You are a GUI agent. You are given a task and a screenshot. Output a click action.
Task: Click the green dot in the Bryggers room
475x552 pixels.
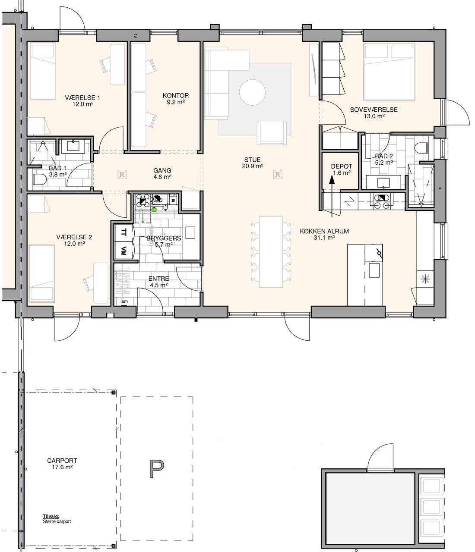click(x=154, y=210)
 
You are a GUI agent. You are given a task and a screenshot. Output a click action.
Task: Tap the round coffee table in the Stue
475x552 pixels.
click(x=252, y=92)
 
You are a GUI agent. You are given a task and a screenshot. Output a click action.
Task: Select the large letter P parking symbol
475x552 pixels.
click(x=157, y=469)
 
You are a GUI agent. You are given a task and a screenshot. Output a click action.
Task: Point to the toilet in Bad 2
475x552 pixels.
click(x=421, y=147)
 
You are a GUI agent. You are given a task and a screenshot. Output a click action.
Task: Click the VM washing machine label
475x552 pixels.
click(x=123, y=251)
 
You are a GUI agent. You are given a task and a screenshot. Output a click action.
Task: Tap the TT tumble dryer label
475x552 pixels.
click(x=123, y=232)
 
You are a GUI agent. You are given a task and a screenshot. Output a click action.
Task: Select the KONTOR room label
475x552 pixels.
click(x=176, y=95)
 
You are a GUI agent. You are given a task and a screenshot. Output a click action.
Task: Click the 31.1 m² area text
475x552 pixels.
click(x=324, y=238)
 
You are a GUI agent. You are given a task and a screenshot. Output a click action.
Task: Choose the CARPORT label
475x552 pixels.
click(x=62, y=461)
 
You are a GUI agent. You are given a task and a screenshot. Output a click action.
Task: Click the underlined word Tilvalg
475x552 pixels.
click(x=51, y=516)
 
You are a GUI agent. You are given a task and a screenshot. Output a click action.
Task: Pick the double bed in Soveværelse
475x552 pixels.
click(x=389, y=72)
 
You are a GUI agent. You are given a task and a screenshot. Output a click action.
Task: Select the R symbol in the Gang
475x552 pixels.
click(x=122, y=175)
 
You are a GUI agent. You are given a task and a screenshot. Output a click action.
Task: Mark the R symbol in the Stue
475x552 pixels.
click(x=278, y=175)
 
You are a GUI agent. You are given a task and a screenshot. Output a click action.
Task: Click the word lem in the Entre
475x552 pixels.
click(x=124, y=301)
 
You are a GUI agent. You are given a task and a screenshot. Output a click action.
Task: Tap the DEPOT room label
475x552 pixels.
click(x=342, y=166)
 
